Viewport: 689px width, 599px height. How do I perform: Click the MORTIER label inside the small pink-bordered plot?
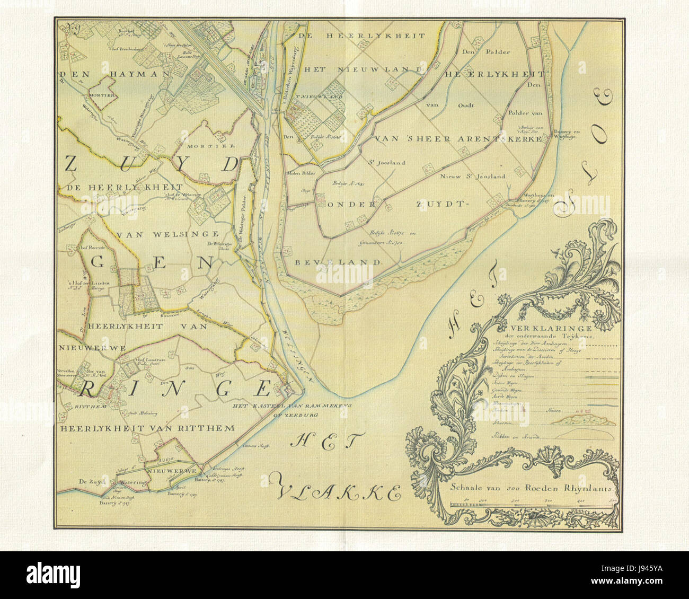click(x=102, y=96)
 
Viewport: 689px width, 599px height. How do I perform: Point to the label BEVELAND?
click(x=335, y=262)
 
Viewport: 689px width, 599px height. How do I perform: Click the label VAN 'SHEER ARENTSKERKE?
click(x=458, y=139)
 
